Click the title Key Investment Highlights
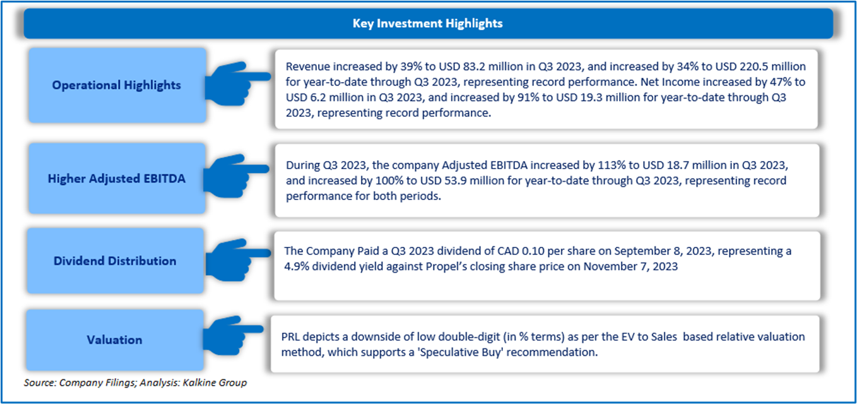coord(427,23)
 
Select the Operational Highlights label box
coord(117,85)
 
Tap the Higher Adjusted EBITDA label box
coord(117,178)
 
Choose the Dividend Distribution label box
coord(115,261)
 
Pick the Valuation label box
coord(115,340)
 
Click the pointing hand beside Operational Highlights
coord(237,83)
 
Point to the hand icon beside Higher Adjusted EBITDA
coord(235,176)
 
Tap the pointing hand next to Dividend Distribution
coord(238,260)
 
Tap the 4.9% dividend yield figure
coord(297,266)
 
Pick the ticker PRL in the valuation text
coord(290,336)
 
